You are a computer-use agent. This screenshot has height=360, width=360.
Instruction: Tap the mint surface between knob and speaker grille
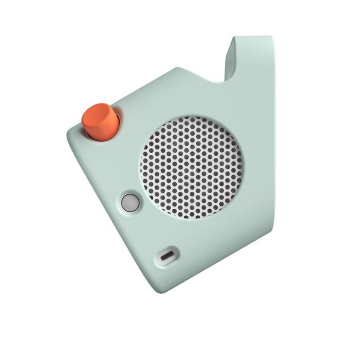click(132, 141)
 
